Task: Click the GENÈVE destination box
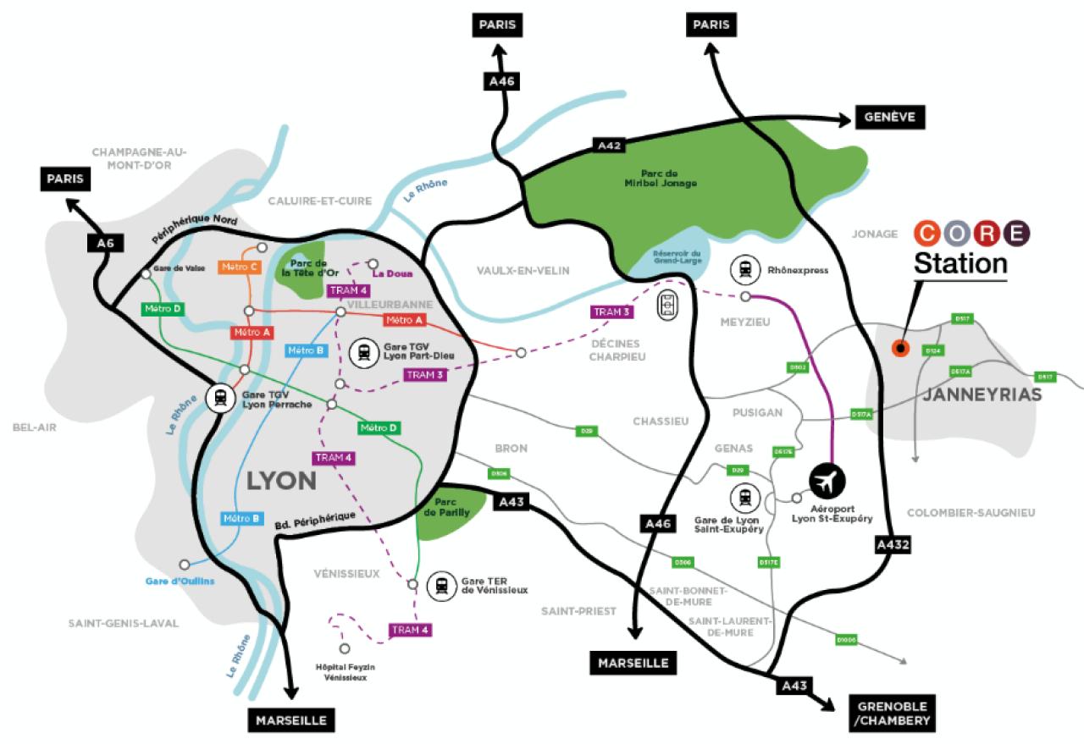tap(891, 118)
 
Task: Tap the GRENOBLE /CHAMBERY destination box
tap(891, 714)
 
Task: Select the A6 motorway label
tap(105, 244)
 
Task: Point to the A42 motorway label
tap(610, 146)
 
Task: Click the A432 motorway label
tap(893, 546)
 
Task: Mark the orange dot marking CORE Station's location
tap(900, 348)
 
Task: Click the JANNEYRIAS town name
tap(976, 394)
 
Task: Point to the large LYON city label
tap(281, 481)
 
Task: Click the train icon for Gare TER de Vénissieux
tap(441, 585)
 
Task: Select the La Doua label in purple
tap(390, 273)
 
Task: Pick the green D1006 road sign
tap(845, 640)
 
